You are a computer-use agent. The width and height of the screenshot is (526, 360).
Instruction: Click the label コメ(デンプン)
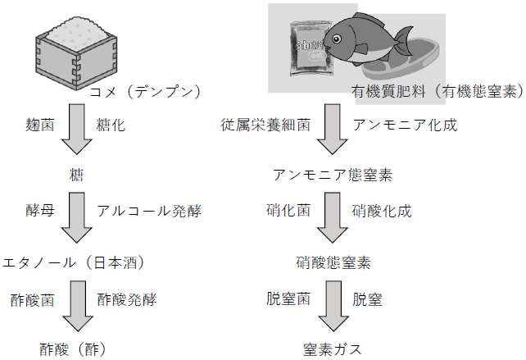pyautogui.click(x=146, y=90)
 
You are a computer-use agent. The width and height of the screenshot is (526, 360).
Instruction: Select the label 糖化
pyautogui.click(x=110, y=125)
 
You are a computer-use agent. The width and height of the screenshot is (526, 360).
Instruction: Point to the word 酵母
pyautogui.click(x=40, y=211)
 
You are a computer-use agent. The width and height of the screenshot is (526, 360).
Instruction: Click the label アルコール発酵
pyautogui.click(x=148, y=211)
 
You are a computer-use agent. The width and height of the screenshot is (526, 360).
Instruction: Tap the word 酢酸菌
pyautogui.click(x=34, y=298)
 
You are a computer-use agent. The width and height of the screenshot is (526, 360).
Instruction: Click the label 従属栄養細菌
pyautogui.click(x=265, y=125)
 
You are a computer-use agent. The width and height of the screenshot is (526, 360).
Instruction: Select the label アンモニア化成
pyautogui.click(x=405, y=125)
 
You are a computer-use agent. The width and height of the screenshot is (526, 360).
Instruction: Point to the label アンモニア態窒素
pyautogui.click(x=332, y=175)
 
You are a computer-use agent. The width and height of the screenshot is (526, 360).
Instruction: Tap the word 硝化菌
pyautogui.click(x=288, y=211)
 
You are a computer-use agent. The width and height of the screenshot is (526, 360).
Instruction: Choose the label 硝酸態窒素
pyautogui.click(x=333, y=263)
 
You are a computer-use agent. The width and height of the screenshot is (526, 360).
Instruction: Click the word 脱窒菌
pyautogui.click(x=288, y=298)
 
